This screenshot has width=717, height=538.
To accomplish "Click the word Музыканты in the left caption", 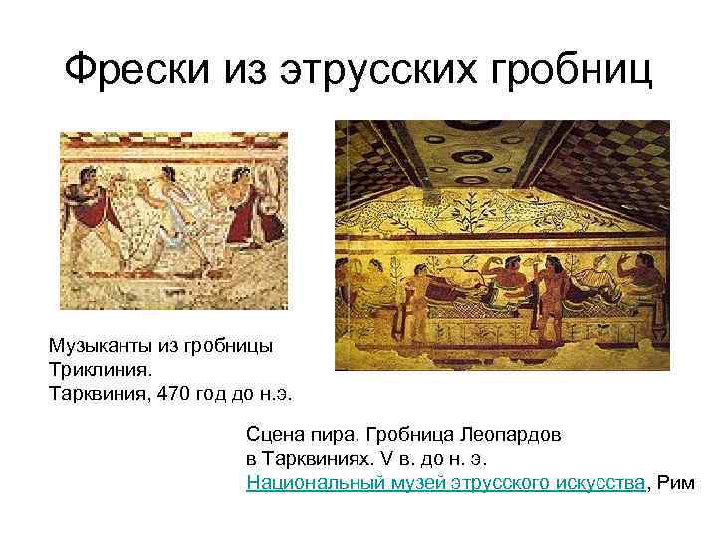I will point(97,346).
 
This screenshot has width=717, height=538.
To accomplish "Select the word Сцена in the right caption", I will point(276,435).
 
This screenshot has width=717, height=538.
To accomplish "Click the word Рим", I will point(677,483).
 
